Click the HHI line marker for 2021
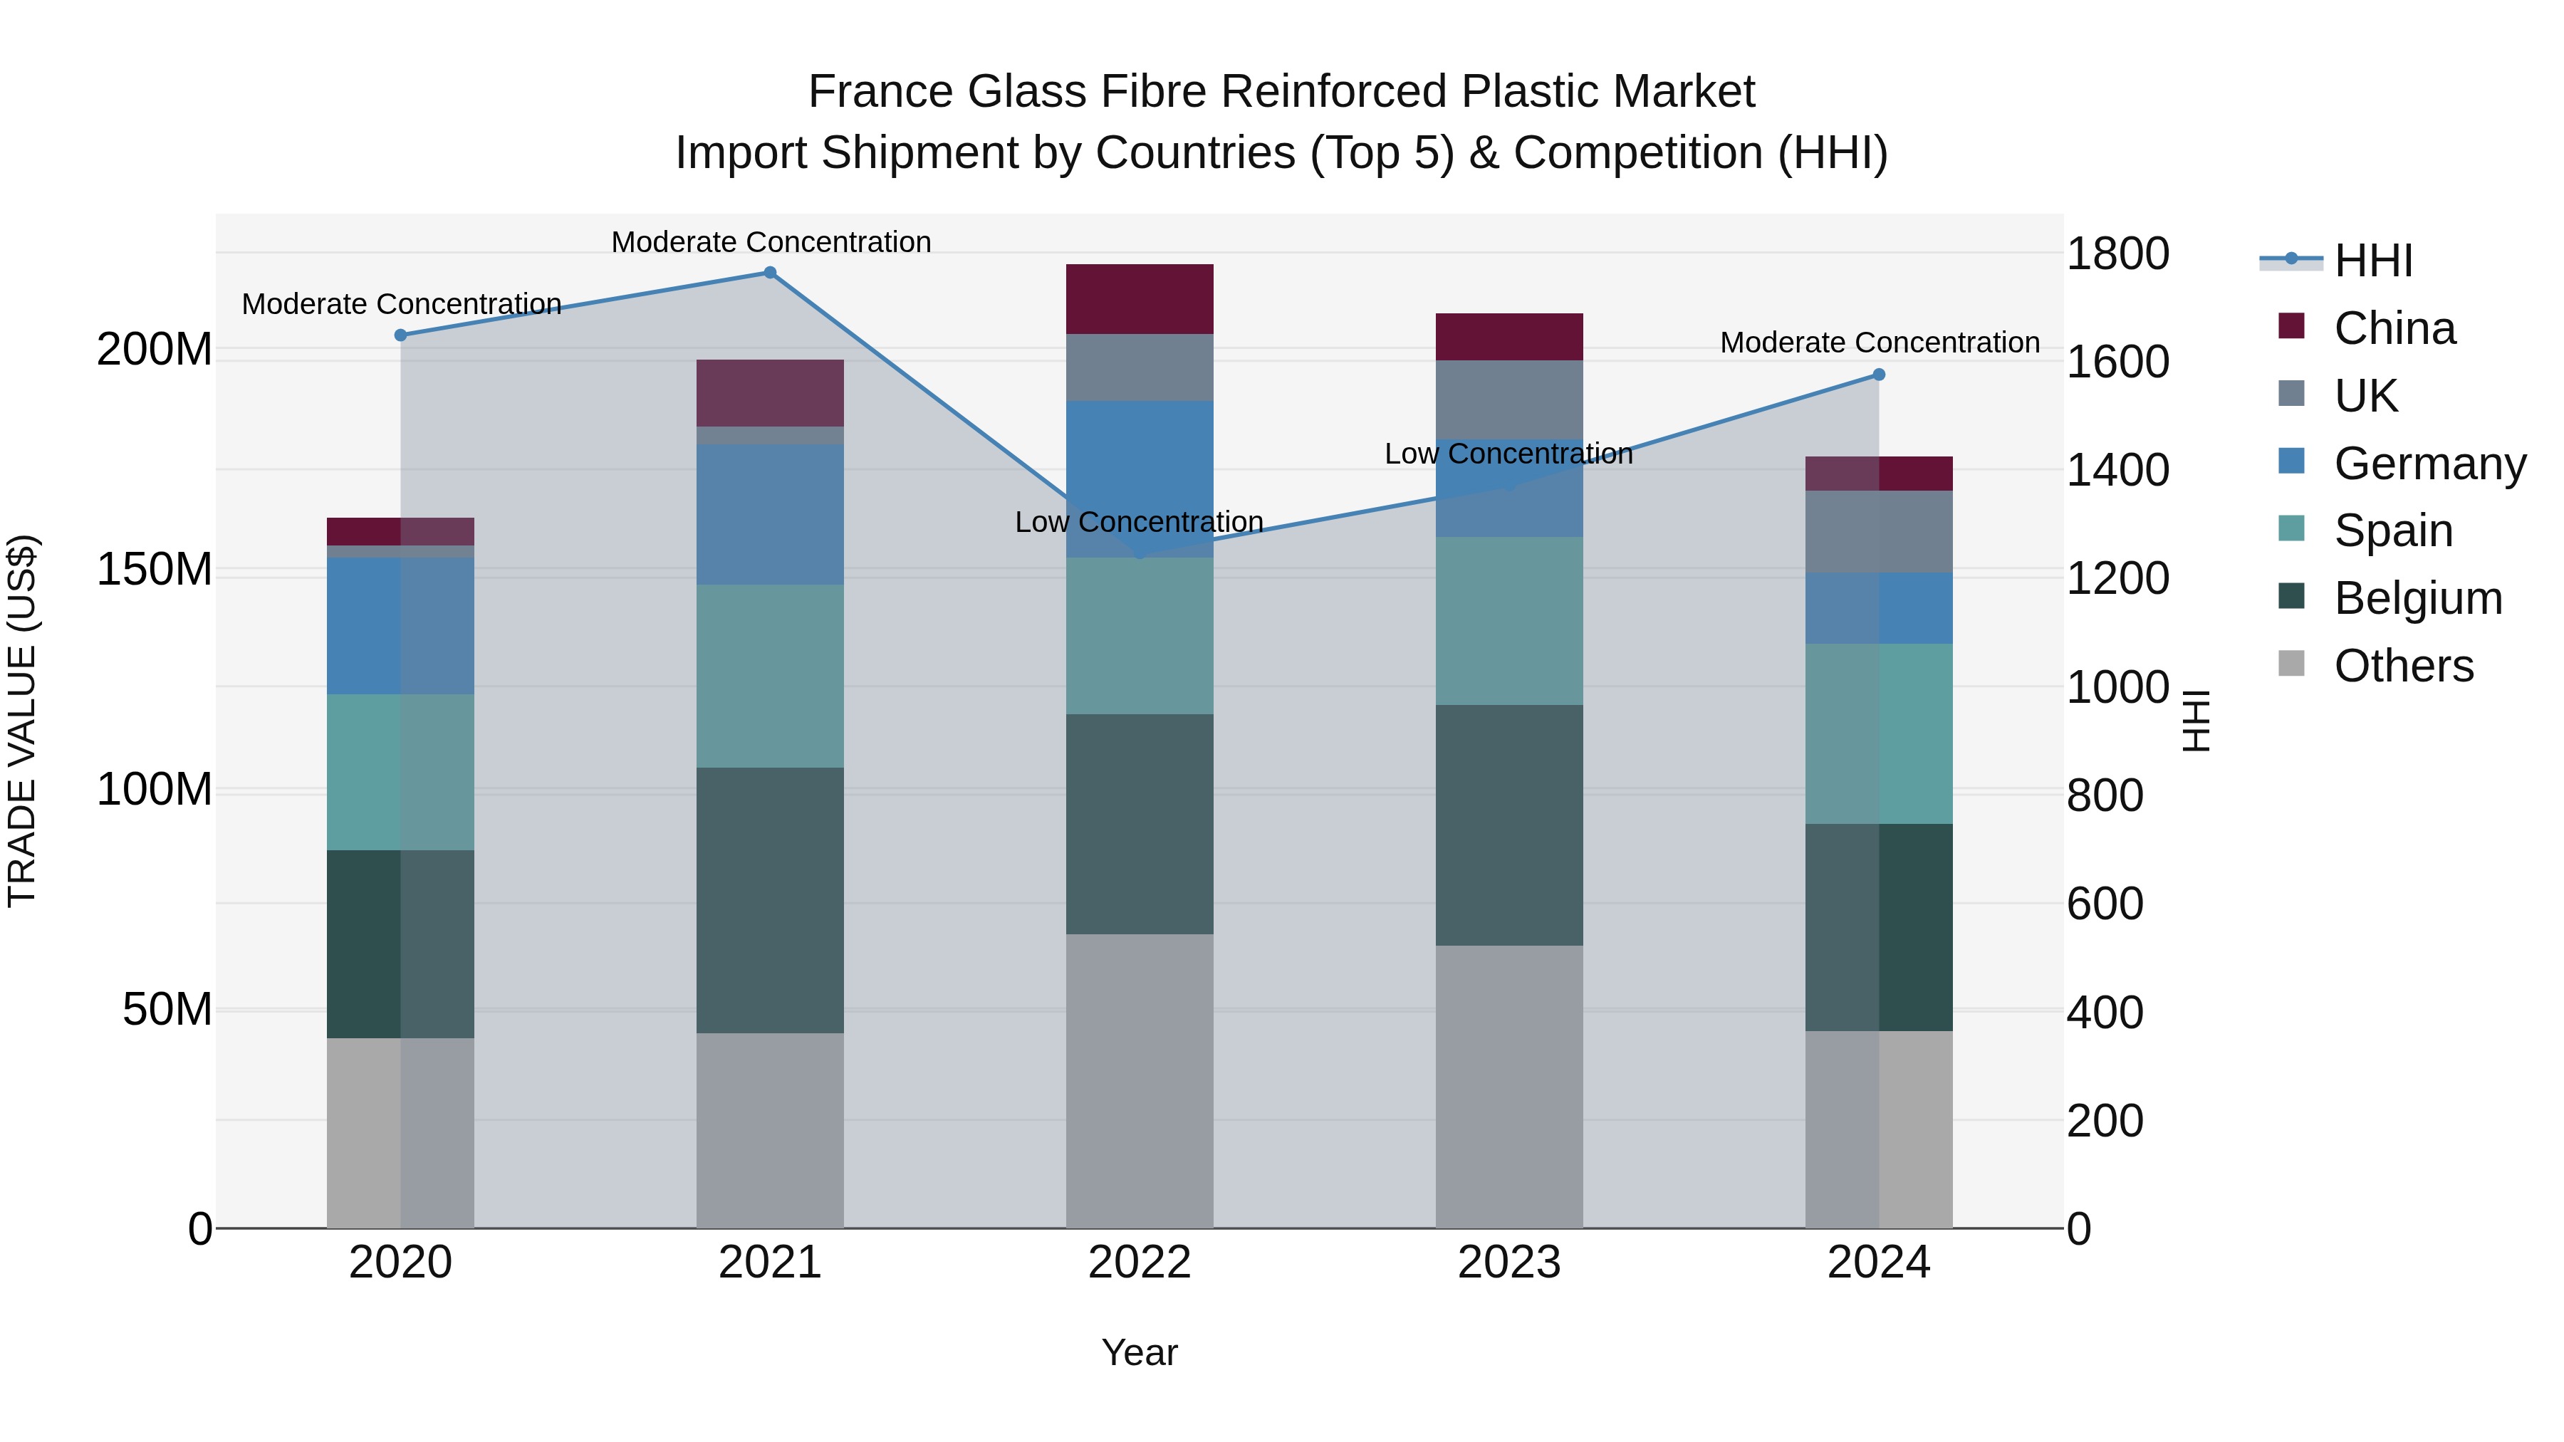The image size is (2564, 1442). [769, 273]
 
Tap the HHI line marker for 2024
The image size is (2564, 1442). [1878, 375]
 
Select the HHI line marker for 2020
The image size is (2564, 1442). [400, 335]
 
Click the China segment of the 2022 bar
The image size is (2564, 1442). [1139, 298]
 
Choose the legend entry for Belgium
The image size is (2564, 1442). [2417, 598]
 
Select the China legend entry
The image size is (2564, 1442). [2393, 328]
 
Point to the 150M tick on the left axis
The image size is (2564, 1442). [155, 569]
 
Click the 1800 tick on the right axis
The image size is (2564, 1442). [2117, 254]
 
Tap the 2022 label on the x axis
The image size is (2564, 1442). [1139, 1263]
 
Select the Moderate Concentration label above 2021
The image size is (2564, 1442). [771, 242]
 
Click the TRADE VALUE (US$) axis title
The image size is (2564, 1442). [22, 721]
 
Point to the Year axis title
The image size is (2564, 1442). [1139, 1352]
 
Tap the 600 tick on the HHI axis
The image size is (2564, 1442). [2104, 904]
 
